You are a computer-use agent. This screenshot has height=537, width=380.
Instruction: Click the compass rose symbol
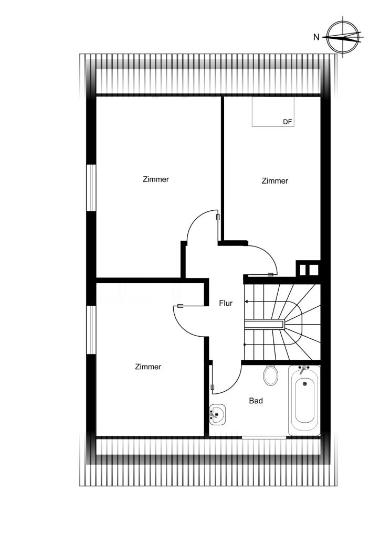(x=344, y=37)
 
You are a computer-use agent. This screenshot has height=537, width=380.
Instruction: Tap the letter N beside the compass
(x=316, y=37)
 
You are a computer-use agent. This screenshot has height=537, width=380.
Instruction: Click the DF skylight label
(x=288, y=122)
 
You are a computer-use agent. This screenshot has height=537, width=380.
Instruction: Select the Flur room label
(x=226, y=303)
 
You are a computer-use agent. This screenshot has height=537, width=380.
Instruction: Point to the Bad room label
(x=256, y=400)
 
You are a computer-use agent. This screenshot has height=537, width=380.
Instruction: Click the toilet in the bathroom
(x=271, y=375)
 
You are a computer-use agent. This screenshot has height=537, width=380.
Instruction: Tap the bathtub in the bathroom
(x=304, y=400)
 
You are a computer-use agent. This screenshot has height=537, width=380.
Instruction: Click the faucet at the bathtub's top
(x=303, y=369)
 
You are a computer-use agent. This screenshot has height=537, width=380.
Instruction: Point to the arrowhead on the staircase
(x=246, y=302)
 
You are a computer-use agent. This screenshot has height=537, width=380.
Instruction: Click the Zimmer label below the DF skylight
(x=275, y=181)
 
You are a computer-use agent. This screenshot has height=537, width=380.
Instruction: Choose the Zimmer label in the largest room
(x=156, y=179)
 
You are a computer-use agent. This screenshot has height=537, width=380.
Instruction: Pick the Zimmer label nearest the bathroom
(x=148, y=367)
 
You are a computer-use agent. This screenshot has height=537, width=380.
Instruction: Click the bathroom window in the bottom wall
(x=264, y=437)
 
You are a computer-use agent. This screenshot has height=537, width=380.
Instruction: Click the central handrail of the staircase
(x=265, y=324)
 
